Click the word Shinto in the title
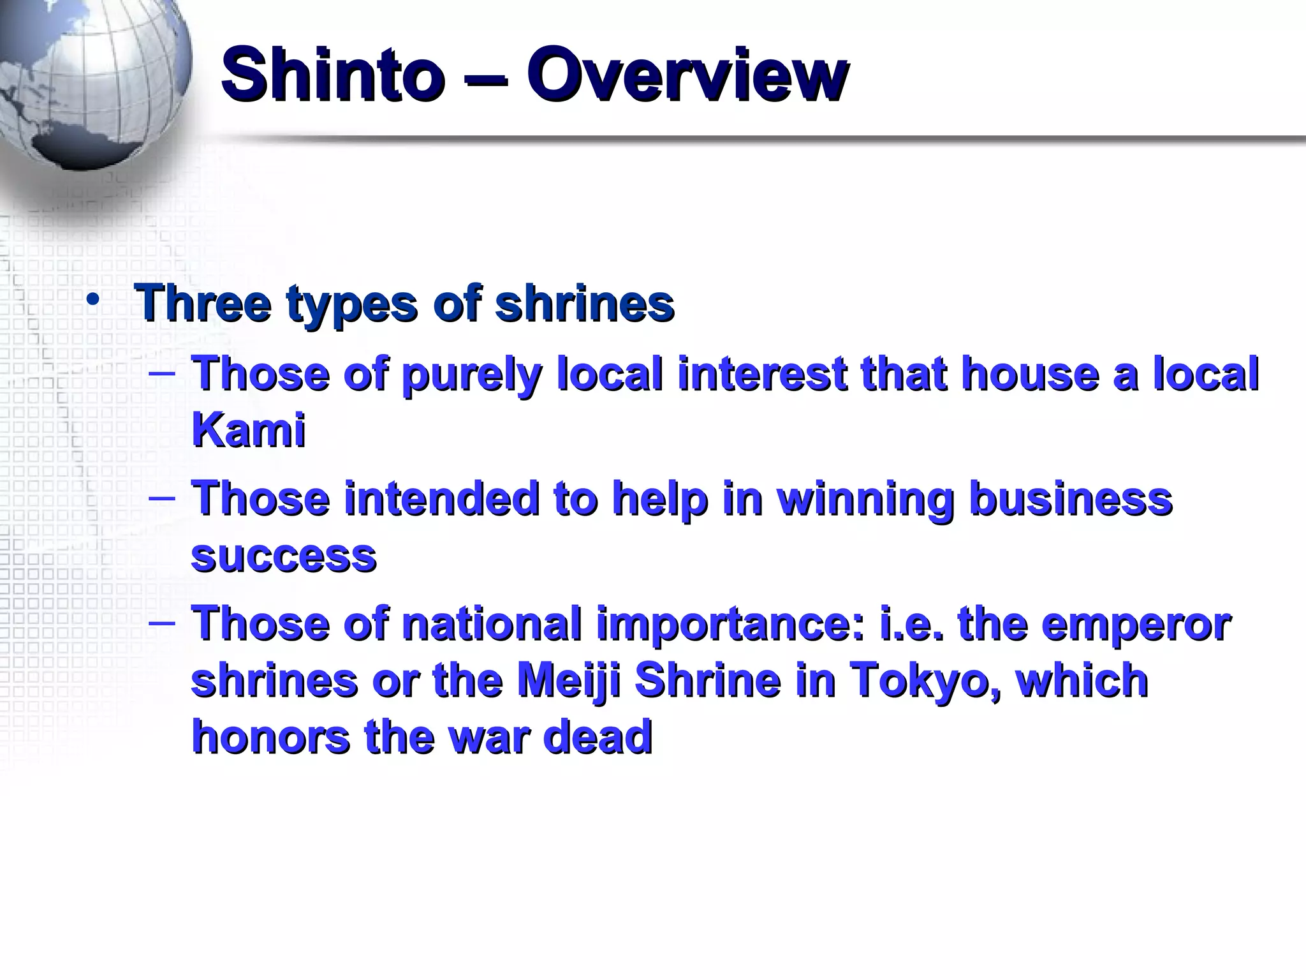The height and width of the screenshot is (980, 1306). (332, 76)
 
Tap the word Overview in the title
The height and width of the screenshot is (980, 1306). (687, 76)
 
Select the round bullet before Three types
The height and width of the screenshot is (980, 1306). (94, 301)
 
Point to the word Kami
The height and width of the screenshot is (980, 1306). (248, 429)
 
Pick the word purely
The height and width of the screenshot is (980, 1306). (471, 375)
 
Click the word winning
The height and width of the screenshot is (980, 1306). (865, 499)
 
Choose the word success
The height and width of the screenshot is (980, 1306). (284, 556)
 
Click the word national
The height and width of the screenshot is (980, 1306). (492, 623)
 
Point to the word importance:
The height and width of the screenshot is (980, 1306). (731, 625)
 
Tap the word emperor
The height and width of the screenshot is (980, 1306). (1136, 625)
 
